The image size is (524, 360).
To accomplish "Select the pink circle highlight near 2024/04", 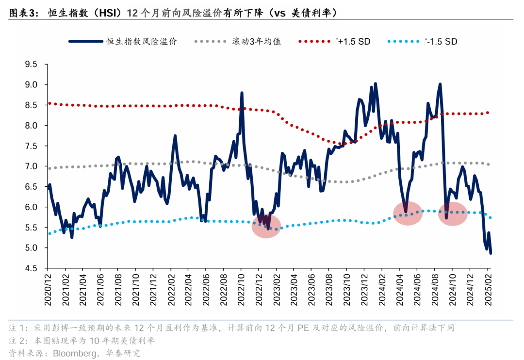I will point(408,213).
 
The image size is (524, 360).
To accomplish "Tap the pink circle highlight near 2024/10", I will point(453,214).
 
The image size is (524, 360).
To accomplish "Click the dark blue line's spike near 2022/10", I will point(242,93).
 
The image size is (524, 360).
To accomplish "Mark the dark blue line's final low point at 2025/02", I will point(491,253).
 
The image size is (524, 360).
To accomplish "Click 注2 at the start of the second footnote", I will point(16,341).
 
